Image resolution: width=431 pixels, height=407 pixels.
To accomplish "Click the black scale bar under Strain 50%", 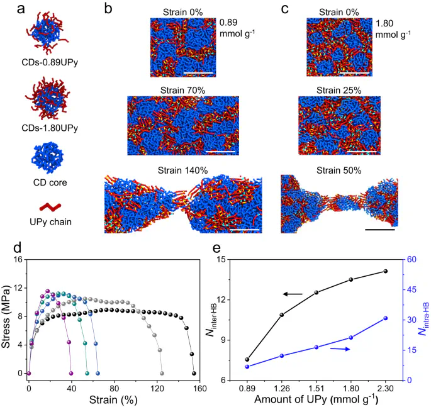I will tap(379, 230).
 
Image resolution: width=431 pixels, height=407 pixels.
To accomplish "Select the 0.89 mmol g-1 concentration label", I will tap(237, 29).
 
